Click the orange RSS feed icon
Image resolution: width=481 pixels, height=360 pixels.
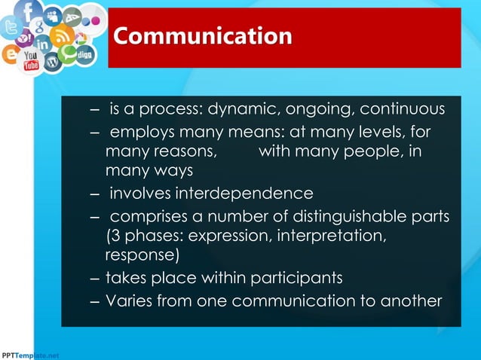61,35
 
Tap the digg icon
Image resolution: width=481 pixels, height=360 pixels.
86,55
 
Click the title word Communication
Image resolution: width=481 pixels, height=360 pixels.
202,36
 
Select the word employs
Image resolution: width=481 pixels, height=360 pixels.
142,133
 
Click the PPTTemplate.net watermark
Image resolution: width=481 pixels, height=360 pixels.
29,354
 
